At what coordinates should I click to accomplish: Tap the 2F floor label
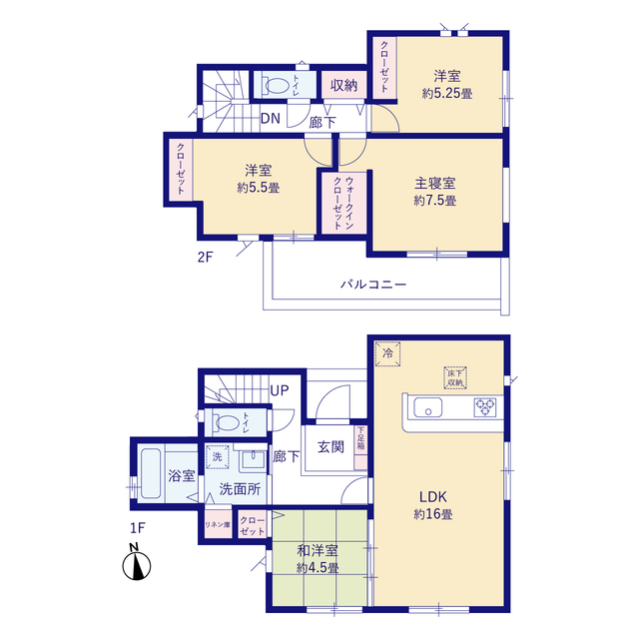(205, 258)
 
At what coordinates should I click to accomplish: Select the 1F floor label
(138, 528)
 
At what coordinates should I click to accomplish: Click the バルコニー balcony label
(373, 284)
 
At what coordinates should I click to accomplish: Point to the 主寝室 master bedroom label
(435, 184)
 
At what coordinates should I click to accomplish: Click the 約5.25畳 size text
(447, 94)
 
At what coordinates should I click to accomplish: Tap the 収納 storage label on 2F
(343, 85)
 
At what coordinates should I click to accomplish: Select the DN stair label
(271, 119)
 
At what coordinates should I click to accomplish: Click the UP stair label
(280, 390)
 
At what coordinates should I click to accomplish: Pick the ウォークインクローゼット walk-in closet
(343, 203)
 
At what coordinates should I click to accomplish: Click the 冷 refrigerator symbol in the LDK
(388, 353)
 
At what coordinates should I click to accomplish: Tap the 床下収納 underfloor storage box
(455, 377)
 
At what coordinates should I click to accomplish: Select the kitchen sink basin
(428, 407)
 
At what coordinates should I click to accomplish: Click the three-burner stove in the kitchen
(485, 407)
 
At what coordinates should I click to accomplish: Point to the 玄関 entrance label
(330, 447)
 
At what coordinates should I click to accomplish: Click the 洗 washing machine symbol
(218, 456)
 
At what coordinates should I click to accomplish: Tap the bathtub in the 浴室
(151, 473)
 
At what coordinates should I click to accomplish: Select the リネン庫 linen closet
(218, 524)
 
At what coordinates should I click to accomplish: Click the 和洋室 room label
(318, 551)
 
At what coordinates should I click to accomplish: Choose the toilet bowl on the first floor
(227, 422)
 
